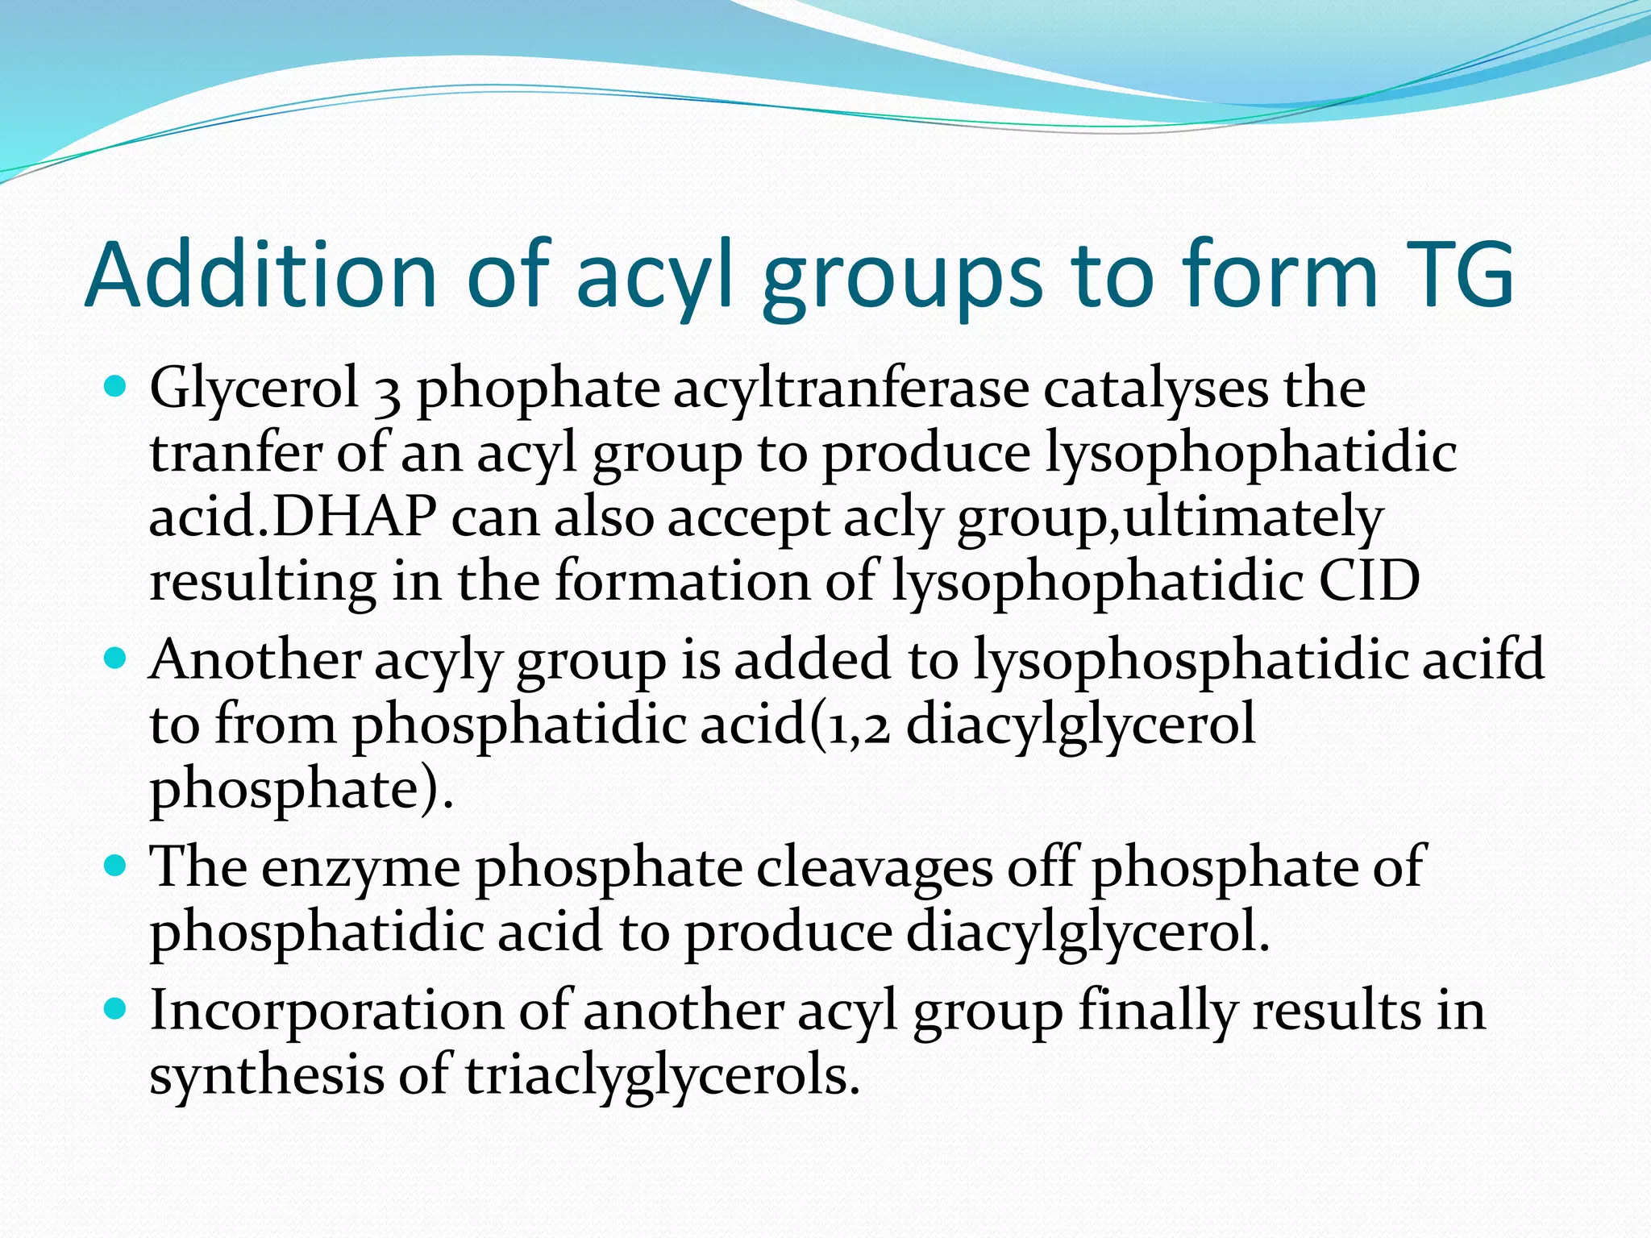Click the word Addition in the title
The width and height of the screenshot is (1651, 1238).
tap(260, 275)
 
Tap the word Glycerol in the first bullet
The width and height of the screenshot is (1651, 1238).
tap(254, 389)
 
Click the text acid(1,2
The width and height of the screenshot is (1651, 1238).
tap(795, 725)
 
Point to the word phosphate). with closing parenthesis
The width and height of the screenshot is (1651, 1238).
tap(302, 791)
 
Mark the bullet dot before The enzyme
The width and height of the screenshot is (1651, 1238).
tap(117, 866)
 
